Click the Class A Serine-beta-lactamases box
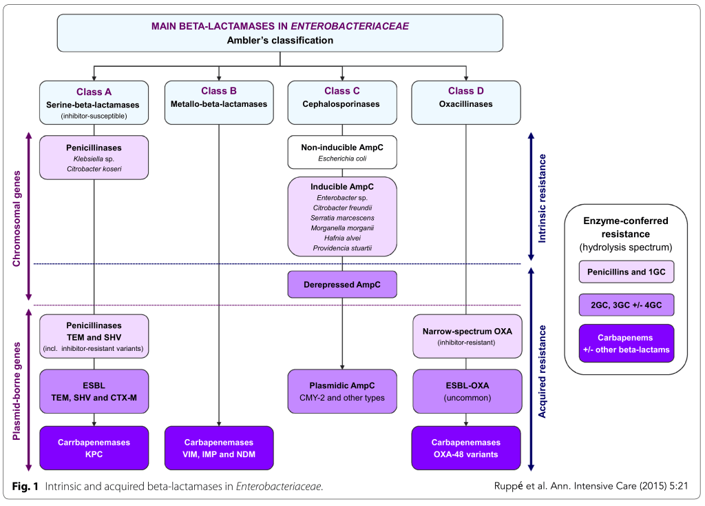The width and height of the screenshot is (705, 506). pyautogui.click(x=94, y=103)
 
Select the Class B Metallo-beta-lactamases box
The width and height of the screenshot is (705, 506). pyautogui.click(x=219, y=103)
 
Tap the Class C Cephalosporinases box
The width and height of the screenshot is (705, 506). pyautogui.click(x=342, y=103)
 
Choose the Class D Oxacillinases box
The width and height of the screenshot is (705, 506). pyautogui.click(x=466, y=103)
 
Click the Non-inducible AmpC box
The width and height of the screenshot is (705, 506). pyautogui.click(x=342, y=152)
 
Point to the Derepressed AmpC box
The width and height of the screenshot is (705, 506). pyautogui.click(x=342, y=284)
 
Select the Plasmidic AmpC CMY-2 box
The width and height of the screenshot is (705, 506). pyautogui.click(x=342, y=392)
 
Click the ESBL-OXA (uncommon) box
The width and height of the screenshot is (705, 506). pyautogui.click(x=466, y=392)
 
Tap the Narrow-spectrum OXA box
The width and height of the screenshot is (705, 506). pyautogui.click(x=466, y=336)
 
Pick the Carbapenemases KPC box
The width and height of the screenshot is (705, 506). pyautogui.click(x=94, y=448)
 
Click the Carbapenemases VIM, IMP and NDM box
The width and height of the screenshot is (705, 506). pyautogui.click(x=219, y=448)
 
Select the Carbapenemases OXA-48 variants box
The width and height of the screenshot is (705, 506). pyautogui.click(x=466, y=448)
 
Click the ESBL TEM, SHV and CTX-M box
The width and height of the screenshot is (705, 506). pyautogui.click(x=94, y=392)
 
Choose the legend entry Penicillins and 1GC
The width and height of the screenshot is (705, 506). pyautogui.click(x=627, y=272)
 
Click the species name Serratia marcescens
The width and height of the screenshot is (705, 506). pyautogui.click(x=342, y=218)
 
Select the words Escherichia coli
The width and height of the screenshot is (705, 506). pyautogui.click(x=342, y=159)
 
